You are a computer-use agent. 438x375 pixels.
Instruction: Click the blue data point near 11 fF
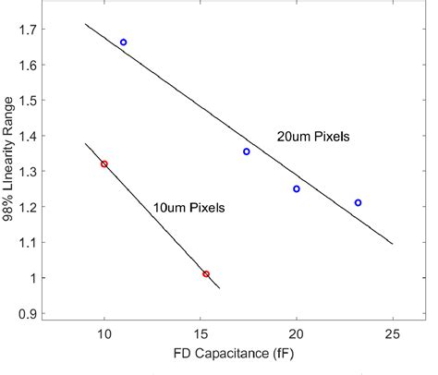tap(123, 42)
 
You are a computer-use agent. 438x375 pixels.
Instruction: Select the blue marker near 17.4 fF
tap(247, 151)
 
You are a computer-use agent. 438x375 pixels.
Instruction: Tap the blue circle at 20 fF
tap(297, 189)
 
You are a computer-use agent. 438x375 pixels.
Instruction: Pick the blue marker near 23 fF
tap(358, 202)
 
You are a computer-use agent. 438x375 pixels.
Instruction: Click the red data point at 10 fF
tap(103, 164)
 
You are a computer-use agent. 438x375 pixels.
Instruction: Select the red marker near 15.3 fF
tap(206, 274)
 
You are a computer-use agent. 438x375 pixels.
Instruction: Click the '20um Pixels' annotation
tap(311, 136)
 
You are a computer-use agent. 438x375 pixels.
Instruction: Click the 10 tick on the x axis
tap(103, 333)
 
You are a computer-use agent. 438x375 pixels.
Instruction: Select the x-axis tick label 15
tap(201, 333)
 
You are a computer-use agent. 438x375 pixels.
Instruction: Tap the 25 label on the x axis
tap(393, 333)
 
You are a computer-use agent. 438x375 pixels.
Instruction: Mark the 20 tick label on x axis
tap(297, 333)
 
